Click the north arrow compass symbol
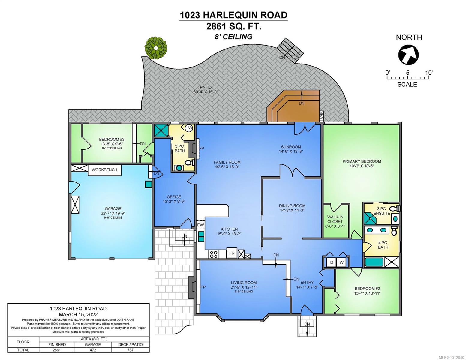(408, 55)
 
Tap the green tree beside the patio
(156, 47)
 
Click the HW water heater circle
(189, 128)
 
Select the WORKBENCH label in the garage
(104, 170)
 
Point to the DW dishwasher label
(200, 225)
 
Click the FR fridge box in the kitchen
(232, 253)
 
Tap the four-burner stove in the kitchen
(214, 254)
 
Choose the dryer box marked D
(332, 262)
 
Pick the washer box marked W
(341, 262)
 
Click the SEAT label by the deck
(321, 116)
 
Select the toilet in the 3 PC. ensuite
(395, 208)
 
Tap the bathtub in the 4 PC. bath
(374, 262)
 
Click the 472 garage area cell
(93, 350)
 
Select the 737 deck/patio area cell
(131, 350)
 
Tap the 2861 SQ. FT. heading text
(233, 27)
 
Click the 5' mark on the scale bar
(408, 73)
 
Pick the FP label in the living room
(203, 287)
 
